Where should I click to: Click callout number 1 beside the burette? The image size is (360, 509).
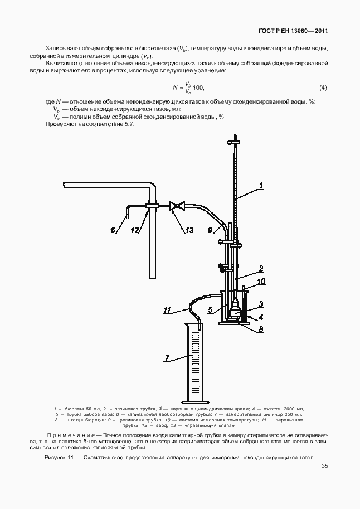click(261, 186)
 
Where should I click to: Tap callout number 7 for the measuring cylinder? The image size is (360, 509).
click(167, 358)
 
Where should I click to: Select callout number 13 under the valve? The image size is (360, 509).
click(189, 230)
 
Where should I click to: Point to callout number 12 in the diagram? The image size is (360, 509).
click(135, 230)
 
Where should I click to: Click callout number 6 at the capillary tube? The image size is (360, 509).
click(113, 230)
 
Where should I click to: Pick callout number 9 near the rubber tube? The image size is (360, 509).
click(210, 230)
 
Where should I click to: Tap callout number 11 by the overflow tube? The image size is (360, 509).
click(167, 311)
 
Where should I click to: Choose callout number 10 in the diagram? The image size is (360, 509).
click(261, 281)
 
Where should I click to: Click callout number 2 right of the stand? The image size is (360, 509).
click(261, 269)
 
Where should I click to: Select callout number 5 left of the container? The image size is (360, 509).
click(211, 309)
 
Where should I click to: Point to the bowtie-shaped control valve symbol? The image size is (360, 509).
click(177, 206)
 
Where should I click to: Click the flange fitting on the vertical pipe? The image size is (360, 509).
click(152, 205)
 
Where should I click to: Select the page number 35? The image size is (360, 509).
click(325, 466)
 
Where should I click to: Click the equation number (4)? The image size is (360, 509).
click(323, 88)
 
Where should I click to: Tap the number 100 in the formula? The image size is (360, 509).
click(198, 88)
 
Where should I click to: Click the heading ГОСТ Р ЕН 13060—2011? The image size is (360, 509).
click(293, 31)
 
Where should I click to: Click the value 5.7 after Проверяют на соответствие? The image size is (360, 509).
click(129, 124)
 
